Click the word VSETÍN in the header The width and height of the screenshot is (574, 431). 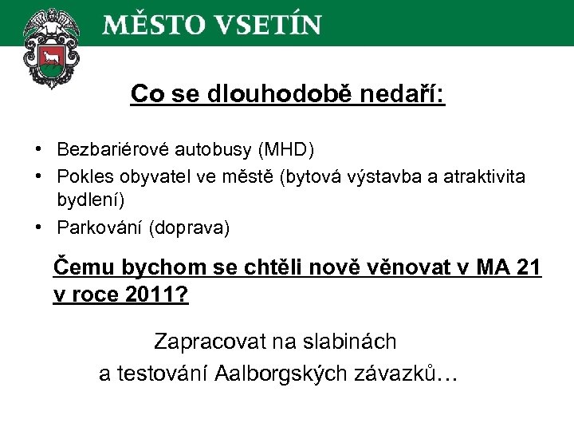pyautogui.click(x=269, y=24)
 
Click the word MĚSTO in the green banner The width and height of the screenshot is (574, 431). pyautogui.click(x=151, y=24)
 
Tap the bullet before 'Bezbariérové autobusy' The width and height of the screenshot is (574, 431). pyautogui.click(x=38, y=150)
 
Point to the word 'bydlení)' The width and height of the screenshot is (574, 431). pyautogui.click(x=89, y=197)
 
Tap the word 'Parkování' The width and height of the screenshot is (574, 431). pyautogui.click(x=100, y=228)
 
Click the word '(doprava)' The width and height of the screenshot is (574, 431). pyautogui.click(x=190, y=228)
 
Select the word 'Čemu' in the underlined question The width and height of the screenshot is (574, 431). pyautogui.click(x=77, y=267)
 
